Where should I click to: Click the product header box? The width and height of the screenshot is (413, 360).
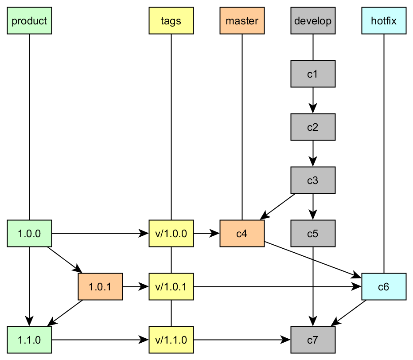(x=29, y=21)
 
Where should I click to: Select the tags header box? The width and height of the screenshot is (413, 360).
(x=171, y=21)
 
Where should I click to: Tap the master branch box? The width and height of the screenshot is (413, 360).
(x=242, y=21)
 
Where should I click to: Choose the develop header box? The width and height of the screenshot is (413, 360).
(x=313, y=21)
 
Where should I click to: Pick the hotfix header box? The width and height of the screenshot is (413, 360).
(x=384, y=21)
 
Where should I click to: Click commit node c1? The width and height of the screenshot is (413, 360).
(x=313, y=74)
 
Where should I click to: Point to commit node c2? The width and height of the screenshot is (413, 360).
(x=313, y=127)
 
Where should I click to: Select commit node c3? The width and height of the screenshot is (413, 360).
(x=313, y=180)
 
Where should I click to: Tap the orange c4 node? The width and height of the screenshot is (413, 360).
(x=242, y=234)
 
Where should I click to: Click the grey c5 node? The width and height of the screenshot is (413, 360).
(x=313, y=234)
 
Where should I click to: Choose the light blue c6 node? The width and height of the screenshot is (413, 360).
(x=384, y=287)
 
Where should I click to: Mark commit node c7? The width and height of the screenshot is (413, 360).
(x=313, y=340)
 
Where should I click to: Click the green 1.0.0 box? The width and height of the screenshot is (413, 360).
(x=29, y=234)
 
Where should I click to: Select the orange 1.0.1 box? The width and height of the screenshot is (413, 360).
(x=100, y=287)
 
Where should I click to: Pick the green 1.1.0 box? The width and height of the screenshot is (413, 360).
(x=29, y=340)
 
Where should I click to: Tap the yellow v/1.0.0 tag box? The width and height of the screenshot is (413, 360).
(x=171, y=234)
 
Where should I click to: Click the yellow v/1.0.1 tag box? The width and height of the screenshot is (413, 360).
(x=171, y=287)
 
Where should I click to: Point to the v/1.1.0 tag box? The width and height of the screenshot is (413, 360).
(x=171, y=340)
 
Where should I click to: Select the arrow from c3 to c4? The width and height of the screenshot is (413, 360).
(x=278, y=207)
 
